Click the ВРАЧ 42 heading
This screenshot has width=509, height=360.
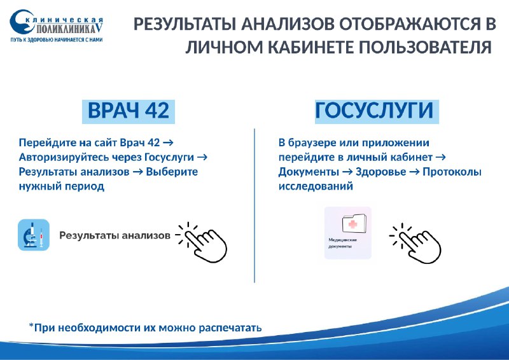coord(129,111)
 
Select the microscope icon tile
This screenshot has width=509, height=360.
coord(34,235)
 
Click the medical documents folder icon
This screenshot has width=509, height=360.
coord(354,223)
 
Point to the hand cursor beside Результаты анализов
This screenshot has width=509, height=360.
coord(202,242)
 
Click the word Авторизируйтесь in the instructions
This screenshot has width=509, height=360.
coord(64,158)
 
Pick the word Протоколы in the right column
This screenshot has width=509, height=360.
coord(452,172)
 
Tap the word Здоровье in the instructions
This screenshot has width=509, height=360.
coord(380,172)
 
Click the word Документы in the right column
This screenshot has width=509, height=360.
coord(309,172)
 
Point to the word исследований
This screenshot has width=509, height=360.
coord(316,186)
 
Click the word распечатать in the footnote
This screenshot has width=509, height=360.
coord(230,328)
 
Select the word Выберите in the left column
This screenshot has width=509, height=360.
coord(172,172)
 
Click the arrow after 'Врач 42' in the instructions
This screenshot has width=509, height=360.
coord(168,143)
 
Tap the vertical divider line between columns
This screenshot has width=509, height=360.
coord(254,205)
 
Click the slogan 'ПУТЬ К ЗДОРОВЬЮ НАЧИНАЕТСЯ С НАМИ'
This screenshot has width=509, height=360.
coord(57,40)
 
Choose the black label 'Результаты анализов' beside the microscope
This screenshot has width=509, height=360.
coord(115,235)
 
